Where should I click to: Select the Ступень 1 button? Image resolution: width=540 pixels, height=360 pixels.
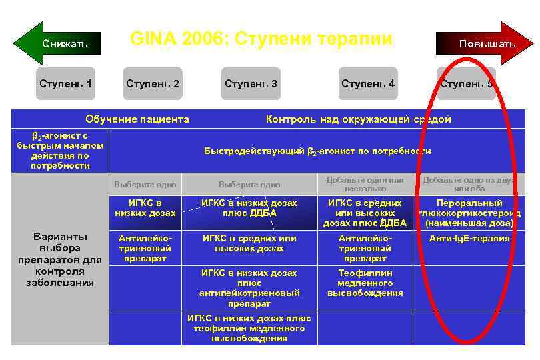[65, 84]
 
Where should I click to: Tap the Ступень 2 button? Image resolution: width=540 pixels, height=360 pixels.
[153, 84]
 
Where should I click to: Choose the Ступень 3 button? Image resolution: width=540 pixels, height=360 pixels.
[251, 84]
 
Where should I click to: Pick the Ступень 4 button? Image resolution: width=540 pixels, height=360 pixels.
[368, 84]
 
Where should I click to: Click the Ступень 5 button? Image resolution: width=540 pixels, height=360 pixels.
[466, 84]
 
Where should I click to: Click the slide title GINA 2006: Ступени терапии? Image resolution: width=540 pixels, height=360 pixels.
[261, 38]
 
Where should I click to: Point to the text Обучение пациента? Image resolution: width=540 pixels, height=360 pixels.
[137, 119]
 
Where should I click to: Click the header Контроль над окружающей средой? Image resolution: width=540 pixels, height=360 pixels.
[358, 119]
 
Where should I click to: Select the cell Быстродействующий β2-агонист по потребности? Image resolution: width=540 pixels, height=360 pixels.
[317, 151]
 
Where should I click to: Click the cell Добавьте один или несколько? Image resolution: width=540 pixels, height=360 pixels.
[365, 184]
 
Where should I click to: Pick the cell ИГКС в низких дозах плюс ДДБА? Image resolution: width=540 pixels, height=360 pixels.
[249, 208]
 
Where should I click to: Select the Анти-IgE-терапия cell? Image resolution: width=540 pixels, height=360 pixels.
[469, 239]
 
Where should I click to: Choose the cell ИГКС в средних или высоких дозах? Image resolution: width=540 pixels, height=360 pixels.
[249, 243]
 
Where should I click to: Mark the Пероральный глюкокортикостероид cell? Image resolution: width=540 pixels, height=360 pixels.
[469, 213]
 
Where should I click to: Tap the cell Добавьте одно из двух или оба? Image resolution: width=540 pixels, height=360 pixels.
[469, 184]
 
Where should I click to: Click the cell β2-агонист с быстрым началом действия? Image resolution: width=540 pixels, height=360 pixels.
[60, 151]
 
